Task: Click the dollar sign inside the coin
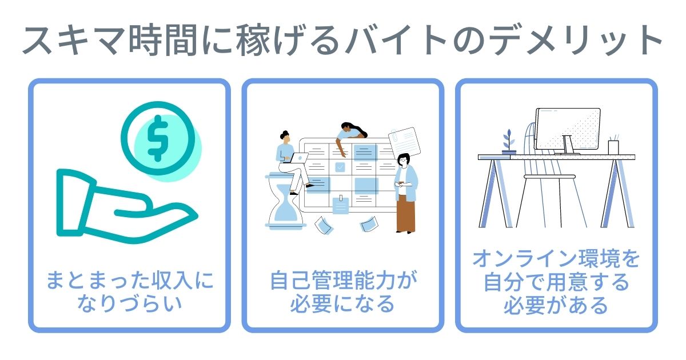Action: click(157, 138)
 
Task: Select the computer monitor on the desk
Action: click(568, 130)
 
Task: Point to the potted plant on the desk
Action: click(509, 142)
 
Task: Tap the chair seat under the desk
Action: click(550, 177)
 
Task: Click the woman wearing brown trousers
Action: click(405, 194)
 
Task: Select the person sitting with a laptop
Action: click(291, 162)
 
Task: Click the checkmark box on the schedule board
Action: click(340, 167)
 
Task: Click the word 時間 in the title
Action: click(163, 40)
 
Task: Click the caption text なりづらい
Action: click(129, 303)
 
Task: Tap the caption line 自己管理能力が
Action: click(343, 280)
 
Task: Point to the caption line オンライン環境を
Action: click(556, 259)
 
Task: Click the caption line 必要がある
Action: click(556, 305)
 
